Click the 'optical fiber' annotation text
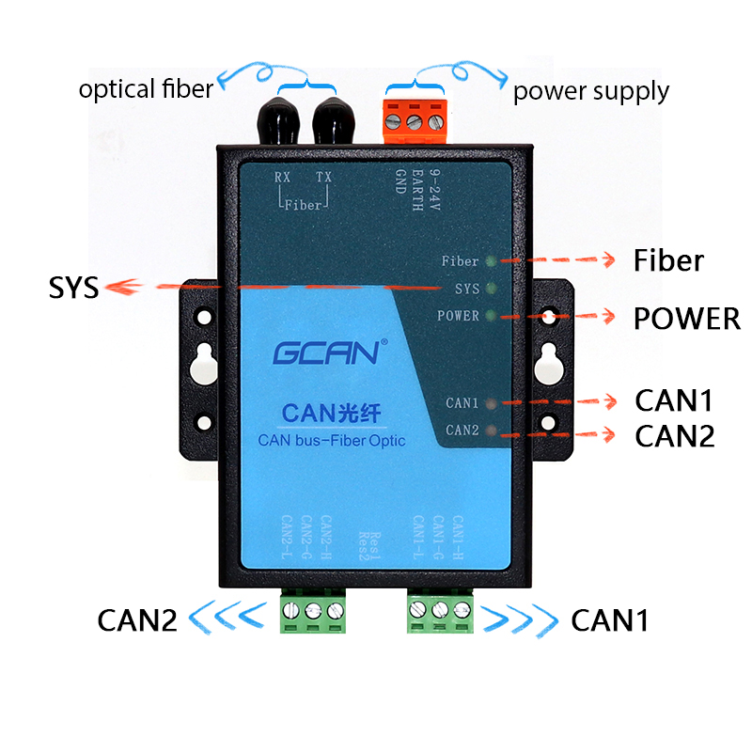click(146, 89)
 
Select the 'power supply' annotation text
click(590, 91)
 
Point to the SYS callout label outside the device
click(73, 287)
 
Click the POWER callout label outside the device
click(686, 319)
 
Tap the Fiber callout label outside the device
click(668, 259)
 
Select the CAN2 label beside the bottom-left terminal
click(137, 620)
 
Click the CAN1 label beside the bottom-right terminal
click(609, 620)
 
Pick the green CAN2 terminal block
click(313, 612)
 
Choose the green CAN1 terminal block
click(439, 612)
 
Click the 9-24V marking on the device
click(434, 193)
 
